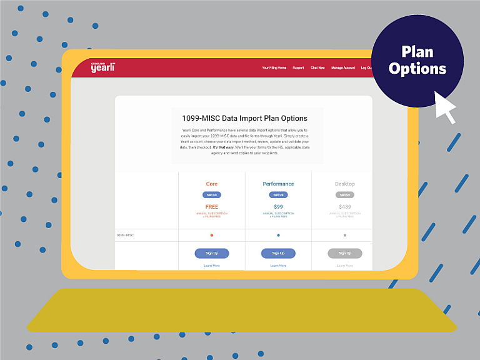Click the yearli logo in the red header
coord(102,67)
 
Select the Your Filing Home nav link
coord(274,67)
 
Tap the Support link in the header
coord(299,67)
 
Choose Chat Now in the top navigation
coord(317,67)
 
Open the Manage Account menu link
coord(343,67)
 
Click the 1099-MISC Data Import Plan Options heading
coord(244,117)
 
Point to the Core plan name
coord(212,184)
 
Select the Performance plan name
coord(278,184)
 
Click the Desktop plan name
coord(344,184)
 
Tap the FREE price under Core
coord(212,207)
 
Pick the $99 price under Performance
coord(278,207)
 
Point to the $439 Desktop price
coord(344,207)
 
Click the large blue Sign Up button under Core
coord(212,253)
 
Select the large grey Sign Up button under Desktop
coord(344,253)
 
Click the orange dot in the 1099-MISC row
coord(212,236)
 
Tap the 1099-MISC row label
coord(125,236)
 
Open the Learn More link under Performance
coord(278,266)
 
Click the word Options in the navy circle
coord(417,69)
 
